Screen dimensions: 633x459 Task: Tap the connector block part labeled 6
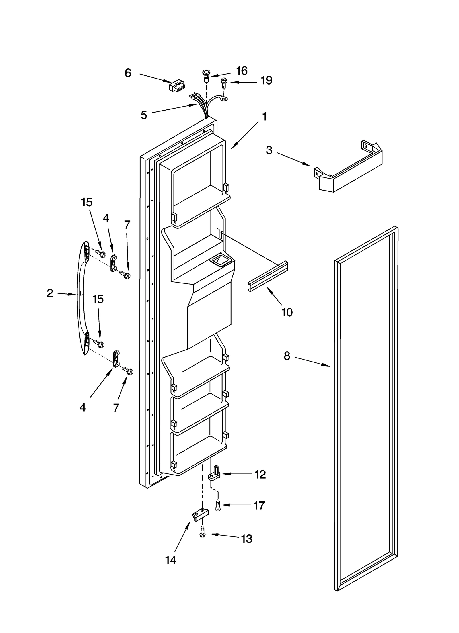pos(177,86)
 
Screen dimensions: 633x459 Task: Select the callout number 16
pos(242,71)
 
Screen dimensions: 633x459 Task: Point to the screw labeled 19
pos(223,84)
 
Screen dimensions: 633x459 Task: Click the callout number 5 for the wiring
pos(144,115)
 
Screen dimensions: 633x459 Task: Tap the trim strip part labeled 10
pos(268,276)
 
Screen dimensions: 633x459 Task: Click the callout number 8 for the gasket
pos(287,356)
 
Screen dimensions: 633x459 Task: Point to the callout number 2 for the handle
pos(50,293)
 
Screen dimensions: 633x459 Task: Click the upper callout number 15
pos(87,202)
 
